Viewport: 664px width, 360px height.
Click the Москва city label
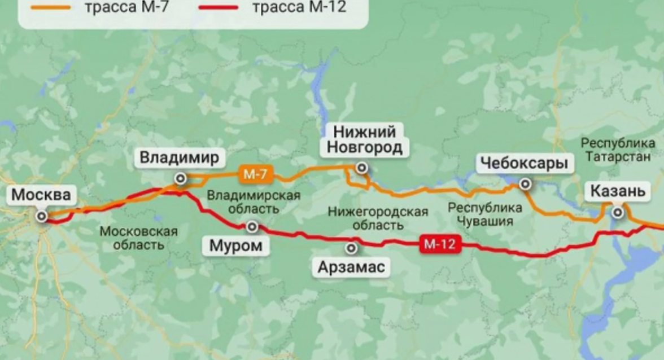(x=42, y=196)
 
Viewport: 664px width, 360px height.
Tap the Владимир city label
(x=179, y=157)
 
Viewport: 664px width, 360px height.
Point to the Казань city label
(x=617, y=192)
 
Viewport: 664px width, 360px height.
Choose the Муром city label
(x=236, y=246)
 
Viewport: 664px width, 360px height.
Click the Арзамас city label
(x=351, y=266)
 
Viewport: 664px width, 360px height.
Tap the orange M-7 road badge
(x=255, y=174)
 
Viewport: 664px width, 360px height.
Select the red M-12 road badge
(x=440, y=244)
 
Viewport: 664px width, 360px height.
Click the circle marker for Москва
(x=41, y=216)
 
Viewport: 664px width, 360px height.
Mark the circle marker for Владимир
(x=181, y=179)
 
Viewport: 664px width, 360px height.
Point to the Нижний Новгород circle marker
(x=361, y=168)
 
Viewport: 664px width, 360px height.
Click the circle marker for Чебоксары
(x=525, y=183)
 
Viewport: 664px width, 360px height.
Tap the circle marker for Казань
(x=618, y=212)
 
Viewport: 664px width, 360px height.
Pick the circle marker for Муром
(x=252, y=227)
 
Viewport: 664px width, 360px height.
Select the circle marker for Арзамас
(x=351, y=247)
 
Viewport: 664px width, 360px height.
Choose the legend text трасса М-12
(x=299, y=7)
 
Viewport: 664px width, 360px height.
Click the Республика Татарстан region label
(x=618, y=150)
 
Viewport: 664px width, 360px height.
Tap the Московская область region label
(x=138, y=238)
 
